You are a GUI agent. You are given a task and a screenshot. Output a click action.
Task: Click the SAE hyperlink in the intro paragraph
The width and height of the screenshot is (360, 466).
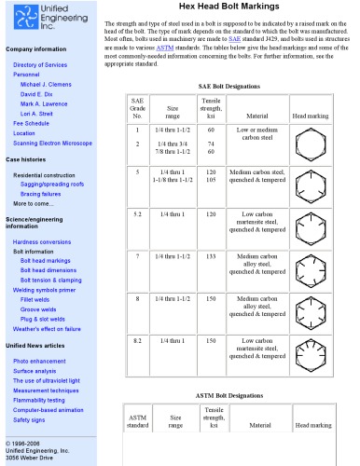click(260, 40)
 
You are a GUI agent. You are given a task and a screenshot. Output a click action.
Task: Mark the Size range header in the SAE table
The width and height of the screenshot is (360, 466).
click(173, 108)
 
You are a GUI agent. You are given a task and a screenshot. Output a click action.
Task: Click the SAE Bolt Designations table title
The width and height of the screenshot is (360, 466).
click(230, 86)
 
